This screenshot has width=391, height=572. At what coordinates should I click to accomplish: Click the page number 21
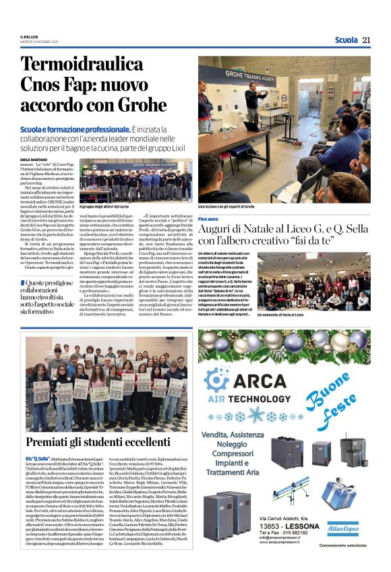[366, 40]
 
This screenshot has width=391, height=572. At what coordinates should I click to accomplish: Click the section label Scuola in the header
[345, 40]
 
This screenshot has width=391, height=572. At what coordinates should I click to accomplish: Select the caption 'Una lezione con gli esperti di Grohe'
[226, 205]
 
